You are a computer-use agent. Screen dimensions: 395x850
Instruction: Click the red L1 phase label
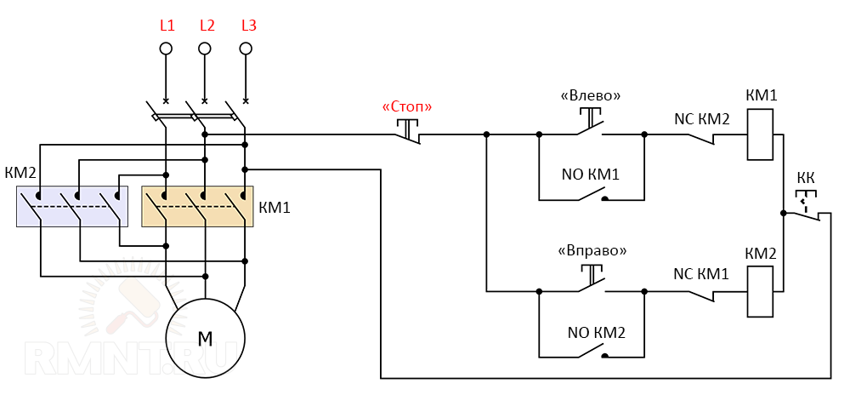click(167, 26)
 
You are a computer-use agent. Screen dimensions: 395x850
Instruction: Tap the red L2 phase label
click(207, 26)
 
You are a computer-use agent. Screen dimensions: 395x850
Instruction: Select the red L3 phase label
click(248, 26)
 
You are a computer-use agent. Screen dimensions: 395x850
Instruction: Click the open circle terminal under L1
click(167, 48)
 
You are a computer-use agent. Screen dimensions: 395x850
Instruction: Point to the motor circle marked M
click(205, 338)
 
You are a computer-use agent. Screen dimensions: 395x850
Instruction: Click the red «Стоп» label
click(407, 107)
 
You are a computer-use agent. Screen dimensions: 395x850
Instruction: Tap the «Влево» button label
click(590, 95)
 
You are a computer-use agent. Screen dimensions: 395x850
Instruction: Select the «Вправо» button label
click(592, 251)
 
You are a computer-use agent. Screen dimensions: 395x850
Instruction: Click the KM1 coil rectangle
click(760, 134)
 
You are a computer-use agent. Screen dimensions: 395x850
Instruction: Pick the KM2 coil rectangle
click(760, 289)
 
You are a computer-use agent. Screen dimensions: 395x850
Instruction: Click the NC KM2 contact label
click(701, 118)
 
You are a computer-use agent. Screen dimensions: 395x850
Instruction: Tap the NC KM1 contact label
click(701, 274)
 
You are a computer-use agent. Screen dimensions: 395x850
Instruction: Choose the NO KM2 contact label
click(592, 331)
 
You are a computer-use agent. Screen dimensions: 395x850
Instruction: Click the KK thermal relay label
click(805, 179)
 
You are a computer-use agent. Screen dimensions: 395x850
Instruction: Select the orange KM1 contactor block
click(198, 207)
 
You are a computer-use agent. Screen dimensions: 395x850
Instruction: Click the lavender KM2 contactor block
click(72, 206)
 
